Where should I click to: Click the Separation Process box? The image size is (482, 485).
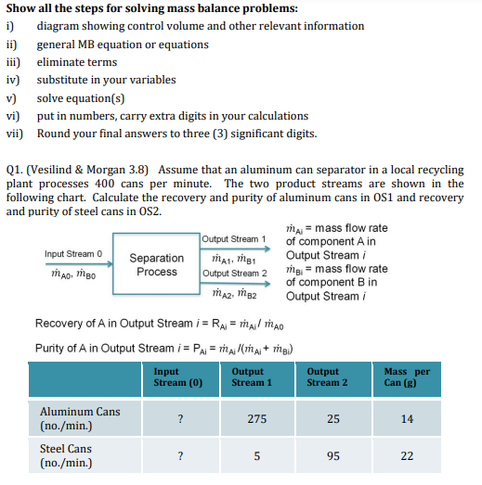pyautogui.click(x=156, y=264)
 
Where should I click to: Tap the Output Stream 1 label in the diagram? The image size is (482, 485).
pyautogui.click(x=234, y=240)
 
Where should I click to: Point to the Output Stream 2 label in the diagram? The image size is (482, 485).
pyautogui.click(x=234, y=273)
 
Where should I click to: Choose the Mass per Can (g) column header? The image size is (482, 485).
pyautogui.click(x=406, y=377)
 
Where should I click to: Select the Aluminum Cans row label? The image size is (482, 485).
pyautogui.click(x=79, y=417)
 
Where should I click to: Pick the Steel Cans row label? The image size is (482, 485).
pyautogui.click(x=65, y=455)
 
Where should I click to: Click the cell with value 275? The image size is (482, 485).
pyautogui.click(x=258, y=418)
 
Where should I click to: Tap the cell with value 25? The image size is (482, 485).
pyautogui.click(x=332, y=418)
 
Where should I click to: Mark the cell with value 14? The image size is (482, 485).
pyautogui.click(x=407, y=418)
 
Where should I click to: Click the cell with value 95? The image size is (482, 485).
pyautogui.click(x=332, y=455)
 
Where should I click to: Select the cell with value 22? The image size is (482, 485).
pyautogui.click(x=407, y=455)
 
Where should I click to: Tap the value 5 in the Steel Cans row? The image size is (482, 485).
pyautogui.click(x=258, y=455)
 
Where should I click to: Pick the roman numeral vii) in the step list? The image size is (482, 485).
pyautogui.click(x=15, y=133)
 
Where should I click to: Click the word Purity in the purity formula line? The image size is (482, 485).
pyautogui.click(x=51, y=349)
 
